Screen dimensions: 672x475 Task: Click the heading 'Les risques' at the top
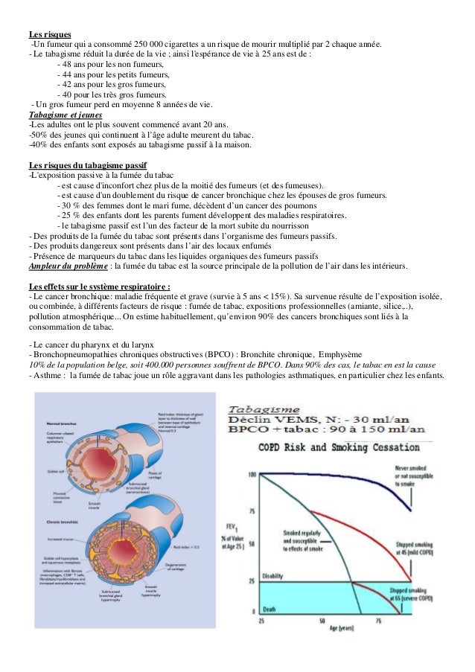[49, 34]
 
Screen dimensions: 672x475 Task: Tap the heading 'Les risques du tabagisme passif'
[87, 164]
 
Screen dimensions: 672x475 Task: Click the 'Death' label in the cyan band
[269, 609]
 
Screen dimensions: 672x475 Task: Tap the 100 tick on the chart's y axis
[252, 474]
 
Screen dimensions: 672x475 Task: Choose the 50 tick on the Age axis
[322, 620]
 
